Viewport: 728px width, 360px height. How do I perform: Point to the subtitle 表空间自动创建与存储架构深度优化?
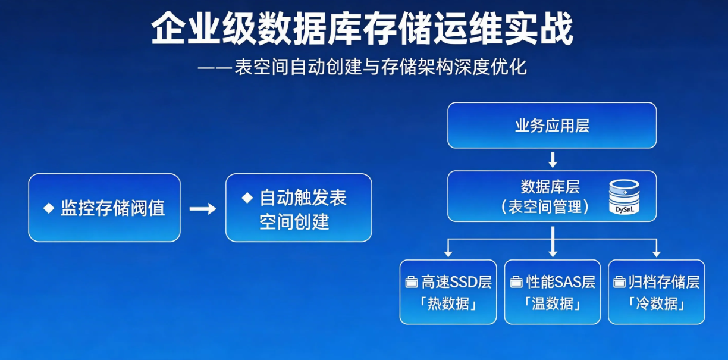coord(381,67)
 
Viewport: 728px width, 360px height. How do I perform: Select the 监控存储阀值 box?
coord(104,208)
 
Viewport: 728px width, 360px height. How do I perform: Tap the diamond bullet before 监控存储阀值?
coord(49,208)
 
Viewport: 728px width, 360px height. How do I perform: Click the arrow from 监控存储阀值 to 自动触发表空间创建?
coord(202,209)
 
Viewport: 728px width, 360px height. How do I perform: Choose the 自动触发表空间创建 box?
coord(299,208)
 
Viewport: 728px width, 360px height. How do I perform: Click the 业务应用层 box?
coord(552,126)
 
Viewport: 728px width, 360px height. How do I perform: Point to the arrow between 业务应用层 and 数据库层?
coord(553,159)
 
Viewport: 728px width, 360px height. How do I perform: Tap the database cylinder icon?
coord(624,197)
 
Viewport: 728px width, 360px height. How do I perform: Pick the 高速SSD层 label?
coord(457,282)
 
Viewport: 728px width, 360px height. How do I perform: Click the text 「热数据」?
coord(448,303)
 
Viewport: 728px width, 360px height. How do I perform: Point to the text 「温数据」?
coord(553,303)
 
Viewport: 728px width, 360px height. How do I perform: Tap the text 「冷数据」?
coord(656,303)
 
